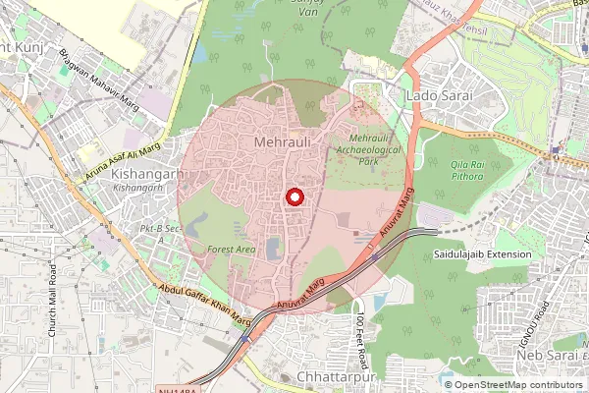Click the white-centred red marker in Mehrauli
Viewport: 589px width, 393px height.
pos(293,196)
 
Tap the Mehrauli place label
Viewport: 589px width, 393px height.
pos(282,143)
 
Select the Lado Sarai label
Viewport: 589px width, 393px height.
pos(439,96)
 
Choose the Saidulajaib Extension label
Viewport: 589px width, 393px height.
pos(482,254)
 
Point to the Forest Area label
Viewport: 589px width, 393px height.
pos(232,250)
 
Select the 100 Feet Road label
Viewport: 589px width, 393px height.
pos(361,334)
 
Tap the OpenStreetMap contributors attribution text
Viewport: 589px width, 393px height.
pos(518,385)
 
